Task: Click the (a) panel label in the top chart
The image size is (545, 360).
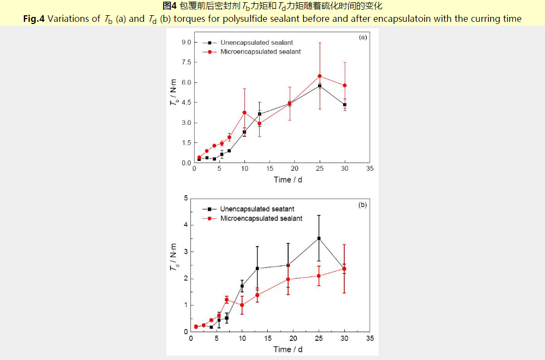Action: [362, 37]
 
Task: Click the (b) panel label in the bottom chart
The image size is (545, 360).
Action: [362, 206]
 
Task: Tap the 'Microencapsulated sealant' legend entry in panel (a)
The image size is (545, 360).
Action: [260, 52]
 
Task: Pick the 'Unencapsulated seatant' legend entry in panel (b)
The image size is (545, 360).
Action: [257, 209]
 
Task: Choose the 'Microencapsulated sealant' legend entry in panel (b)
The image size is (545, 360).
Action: [261, 219]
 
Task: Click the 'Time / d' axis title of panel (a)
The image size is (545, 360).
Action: [288, 179]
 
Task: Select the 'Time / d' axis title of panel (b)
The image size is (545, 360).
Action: [288, 349]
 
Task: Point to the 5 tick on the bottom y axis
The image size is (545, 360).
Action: [186, 198]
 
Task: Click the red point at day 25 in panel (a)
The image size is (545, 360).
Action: [320, 76]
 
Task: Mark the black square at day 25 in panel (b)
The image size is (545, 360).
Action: [319, 238]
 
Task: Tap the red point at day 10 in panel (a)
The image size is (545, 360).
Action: [244, 112]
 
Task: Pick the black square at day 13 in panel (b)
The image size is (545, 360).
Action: [257, 268]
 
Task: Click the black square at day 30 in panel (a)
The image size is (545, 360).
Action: [345, 105]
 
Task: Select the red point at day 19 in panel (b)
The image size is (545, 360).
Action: [288, 279]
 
